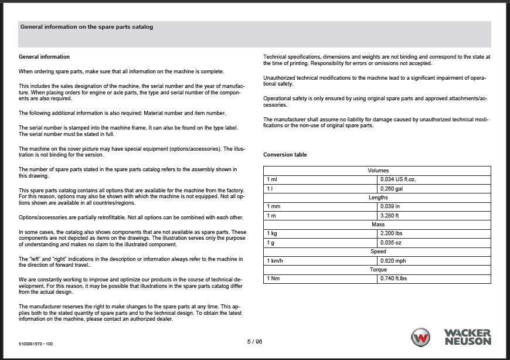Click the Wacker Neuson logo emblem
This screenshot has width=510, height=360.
click(421, 338)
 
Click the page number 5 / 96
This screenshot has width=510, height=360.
click(254, 341)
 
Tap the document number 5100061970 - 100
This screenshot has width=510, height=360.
click(36, 344)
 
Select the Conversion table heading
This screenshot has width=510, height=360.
click(285, 155)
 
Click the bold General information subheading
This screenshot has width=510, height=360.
click(45, 57)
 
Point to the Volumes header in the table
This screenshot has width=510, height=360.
click(378, 171)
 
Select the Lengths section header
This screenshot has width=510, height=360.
click(378, 198)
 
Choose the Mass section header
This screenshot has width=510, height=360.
click(378, 225)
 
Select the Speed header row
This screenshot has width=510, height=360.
click(378, 252)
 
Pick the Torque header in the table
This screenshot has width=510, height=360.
click(378, 270)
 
